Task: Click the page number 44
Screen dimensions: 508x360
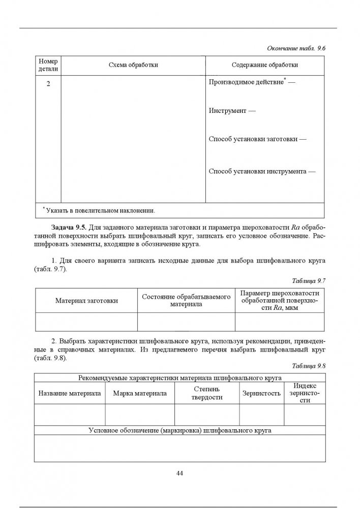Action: point(179,473)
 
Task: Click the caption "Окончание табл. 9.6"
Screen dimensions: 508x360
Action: point(296,48)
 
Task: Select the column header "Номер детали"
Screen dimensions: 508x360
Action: point(48,65)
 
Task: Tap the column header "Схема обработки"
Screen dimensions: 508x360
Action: point(133,65)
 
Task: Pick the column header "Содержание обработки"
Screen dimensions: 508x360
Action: point(264,65)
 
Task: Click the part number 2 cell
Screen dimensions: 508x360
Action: point(48,83)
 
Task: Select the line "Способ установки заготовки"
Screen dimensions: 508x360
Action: point(257,139)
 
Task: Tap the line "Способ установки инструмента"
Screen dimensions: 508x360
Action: point(262,172)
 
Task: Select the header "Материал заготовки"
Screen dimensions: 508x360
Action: point(86,300)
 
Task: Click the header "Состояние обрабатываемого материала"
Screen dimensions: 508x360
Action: point(186,300)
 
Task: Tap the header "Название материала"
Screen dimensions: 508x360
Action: point(69,393)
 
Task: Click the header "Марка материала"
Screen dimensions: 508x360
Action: point(140,393)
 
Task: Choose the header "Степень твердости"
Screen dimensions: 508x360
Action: point(207,393)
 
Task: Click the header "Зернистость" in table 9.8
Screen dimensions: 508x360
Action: point(261,393)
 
